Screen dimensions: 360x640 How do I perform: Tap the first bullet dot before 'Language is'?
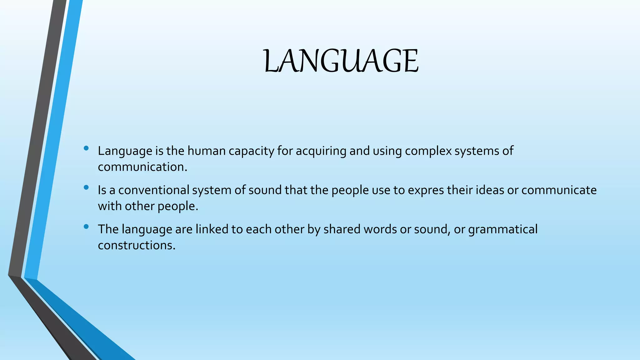[87, 148]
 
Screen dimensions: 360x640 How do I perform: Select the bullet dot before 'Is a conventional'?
[87, 187]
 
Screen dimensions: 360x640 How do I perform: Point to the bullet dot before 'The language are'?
[87, 227]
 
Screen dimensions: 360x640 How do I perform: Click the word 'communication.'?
[142, 167]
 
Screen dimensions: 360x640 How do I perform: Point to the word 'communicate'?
[559, 190]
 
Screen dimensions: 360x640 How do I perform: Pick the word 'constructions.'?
[137, 245]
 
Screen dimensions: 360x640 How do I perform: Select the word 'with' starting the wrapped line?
[109, 206]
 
